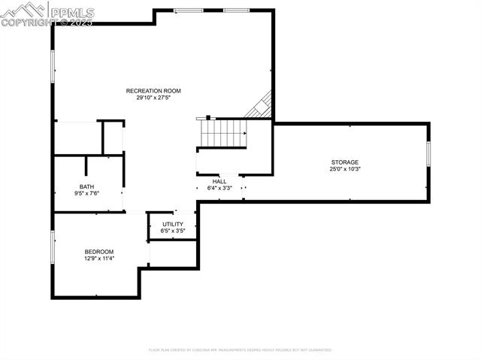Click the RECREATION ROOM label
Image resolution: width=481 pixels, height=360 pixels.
[153, 91]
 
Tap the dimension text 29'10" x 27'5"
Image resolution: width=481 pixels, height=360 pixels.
[153, 98]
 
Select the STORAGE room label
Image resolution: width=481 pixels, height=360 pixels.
[345, 162]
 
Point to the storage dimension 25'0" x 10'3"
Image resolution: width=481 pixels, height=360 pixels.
[345, 169]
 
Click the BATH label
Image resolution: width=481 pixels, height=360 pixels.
[86, 186]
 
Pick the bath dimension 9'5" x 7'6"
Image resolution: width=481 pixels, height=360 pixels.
[86, 193]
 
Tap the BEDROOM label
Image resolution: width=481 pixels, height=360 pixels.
[99, 252]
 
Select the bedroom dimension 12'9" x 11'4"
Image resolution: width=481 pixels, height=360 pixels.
[99, 259]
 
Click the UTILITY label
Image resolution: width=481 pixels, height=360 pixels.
[173, 224]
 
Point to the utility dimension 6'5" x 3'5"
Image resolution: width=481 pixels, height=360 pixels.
[173, 231]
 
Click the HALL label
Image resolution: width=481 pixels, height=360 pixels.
[219, 181]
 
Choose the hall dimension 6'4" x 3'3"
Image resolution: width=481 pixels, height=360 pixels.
[219, 188]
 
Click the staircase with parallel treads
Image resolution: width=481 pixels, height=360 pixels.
[223, 133]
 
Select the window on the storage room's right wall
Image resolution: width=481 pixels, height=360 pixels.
[428, 154]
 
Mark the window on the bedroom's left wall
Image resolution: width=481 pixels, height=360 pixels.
[52, 247]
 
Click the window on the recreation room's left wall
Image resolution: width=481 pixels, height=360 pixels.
[52, 66]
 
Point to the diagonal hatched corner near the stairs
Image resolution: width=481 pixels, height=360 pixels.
[260, 106]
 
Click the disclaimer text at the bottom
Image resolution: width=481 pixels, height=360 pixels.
[240, 349]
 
